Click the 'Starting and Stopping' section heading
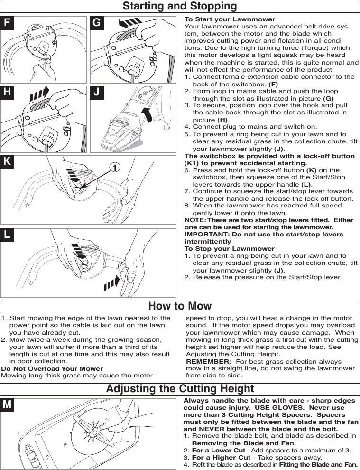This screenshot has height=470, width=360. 180,6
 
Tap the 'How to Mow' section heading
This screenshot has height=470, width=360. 180,306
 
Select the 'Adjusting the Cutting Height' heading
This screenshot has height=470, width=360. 180,389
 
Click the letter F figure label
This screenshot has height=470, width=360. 7,23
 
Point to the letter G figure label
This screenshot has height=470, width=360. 97,23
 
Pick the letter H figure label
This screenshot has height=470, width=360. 7,93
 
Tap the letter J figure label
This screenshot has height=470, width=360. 97,93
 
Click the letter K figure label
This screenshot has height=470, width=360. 7,161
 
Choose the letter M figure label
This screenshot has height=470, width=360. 7,404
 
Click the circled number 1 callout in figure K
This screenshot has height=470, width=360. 113,167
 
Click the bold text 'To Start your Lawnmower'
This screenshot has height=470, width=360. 230,19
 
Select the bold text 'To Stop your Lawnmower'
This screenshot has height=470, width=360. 229,249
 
